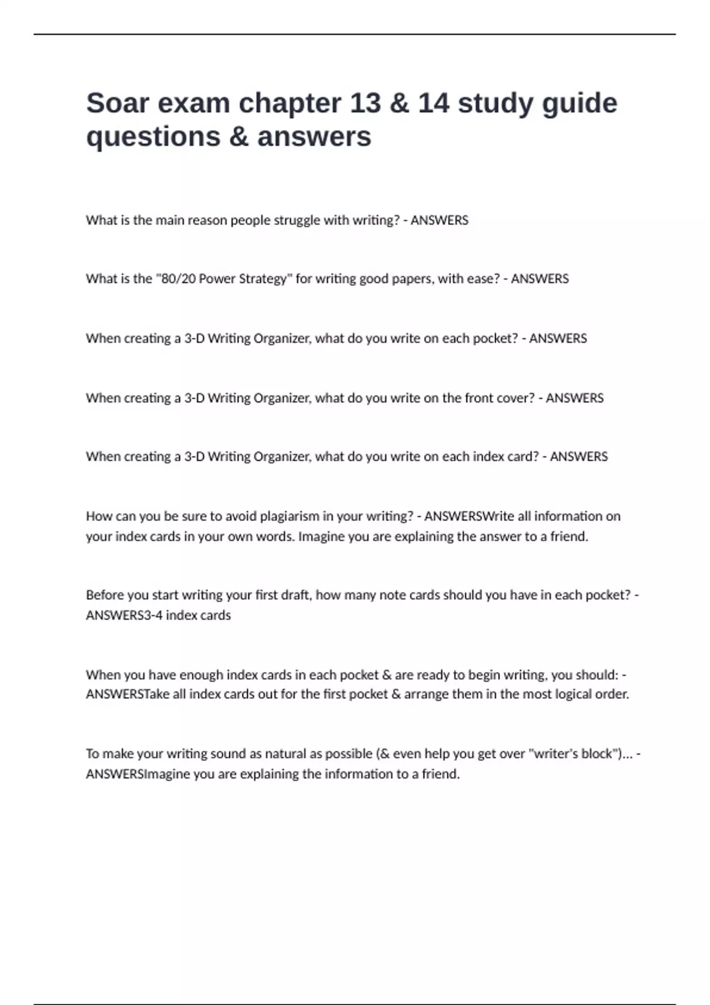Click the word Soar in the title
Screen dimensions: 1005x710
[x=117, y=103]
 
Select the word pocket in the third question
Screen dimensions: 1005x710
[x=496, y=338]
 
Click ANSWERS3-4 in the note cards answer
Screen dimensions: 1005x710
[x=124, y=615]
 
